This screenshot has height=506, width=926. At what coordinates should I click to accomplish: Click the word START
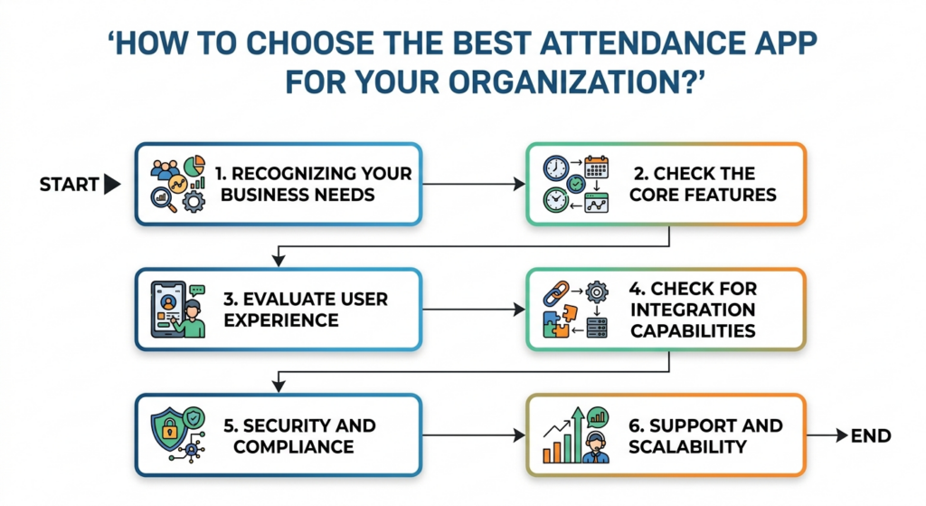[69, 185]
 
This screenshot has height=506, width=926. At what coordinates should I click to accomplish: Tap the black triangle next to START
[111, 185]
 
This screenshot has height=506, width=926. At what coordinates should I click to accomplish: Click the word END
[871, 436]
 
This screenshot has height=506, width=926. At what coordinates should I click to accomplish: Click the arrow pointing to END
[827, 435]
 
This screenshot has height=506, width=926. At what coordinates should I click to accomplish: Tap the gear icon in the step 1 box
[194, 202]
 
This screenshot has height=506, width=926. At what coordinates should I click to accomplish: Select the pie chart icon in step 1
[194, 167]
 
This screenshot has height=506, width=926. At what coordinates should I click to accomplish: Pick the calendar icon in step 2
[597, 167]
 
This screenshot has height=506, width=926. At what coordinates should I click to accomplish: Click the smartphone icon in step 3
[168, 310]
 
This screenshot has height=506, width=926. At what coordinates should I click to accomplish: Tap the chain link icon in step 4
[556, 293]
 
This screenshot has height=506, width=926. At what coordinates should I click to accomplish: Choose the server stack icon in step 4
[597, 328]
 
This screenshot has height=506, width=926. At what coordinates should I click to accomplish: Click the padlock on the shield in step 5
[169, 429]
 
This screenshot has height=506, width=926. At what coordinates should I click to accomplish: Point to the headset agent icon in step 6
[595, 448]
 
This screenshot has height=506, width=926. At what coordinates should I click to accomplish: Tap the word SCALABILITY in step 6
[687, 447]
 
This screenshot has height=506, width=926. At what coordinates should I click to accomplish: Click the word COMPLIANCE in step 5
[294, 447]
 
